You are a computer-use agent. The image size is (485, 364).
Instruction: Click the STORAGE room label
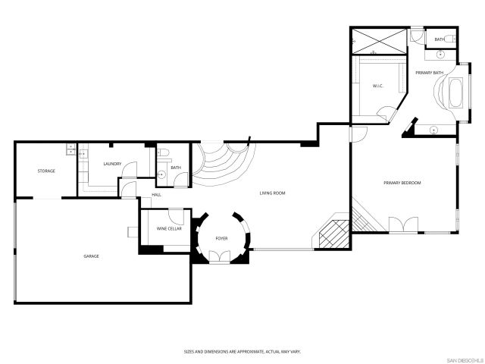coord(46,171)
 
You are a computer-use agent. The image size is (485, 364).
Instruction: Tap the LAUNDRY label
coord(102,164)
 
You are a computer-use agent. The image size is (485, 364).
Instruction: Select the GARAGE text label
coord(91,256)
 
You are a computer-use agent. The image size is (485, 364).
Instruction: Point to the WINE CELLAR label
coord(167,228)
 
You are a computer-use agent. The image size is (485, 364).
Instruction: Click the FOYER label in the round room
coord(221,238)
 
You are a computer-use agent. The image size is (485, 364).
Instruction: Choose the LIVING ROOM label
coord(272,193)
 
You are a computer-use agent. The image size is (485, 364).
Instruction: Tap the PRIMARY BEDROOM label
coord(402,183)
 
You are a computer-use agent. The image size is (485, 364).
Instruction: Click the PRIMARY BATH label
coord(429,73)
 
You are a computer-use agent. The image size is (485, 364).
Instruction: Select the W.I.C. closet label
coord(377,86)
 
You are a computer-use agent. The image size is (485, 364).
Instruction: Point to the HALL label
coord(156,195)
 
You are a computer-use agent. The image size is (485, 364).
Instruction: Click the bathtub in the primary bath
coord(456,93)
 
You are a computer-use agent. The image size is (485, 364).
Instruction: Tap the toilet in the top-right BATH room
coord(449,39)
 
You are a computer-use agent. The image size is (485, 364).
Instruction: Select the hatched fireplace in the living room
coord(333,233)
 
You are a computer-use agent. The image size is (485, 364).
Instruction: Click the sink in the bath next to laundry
coord(161,174)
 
